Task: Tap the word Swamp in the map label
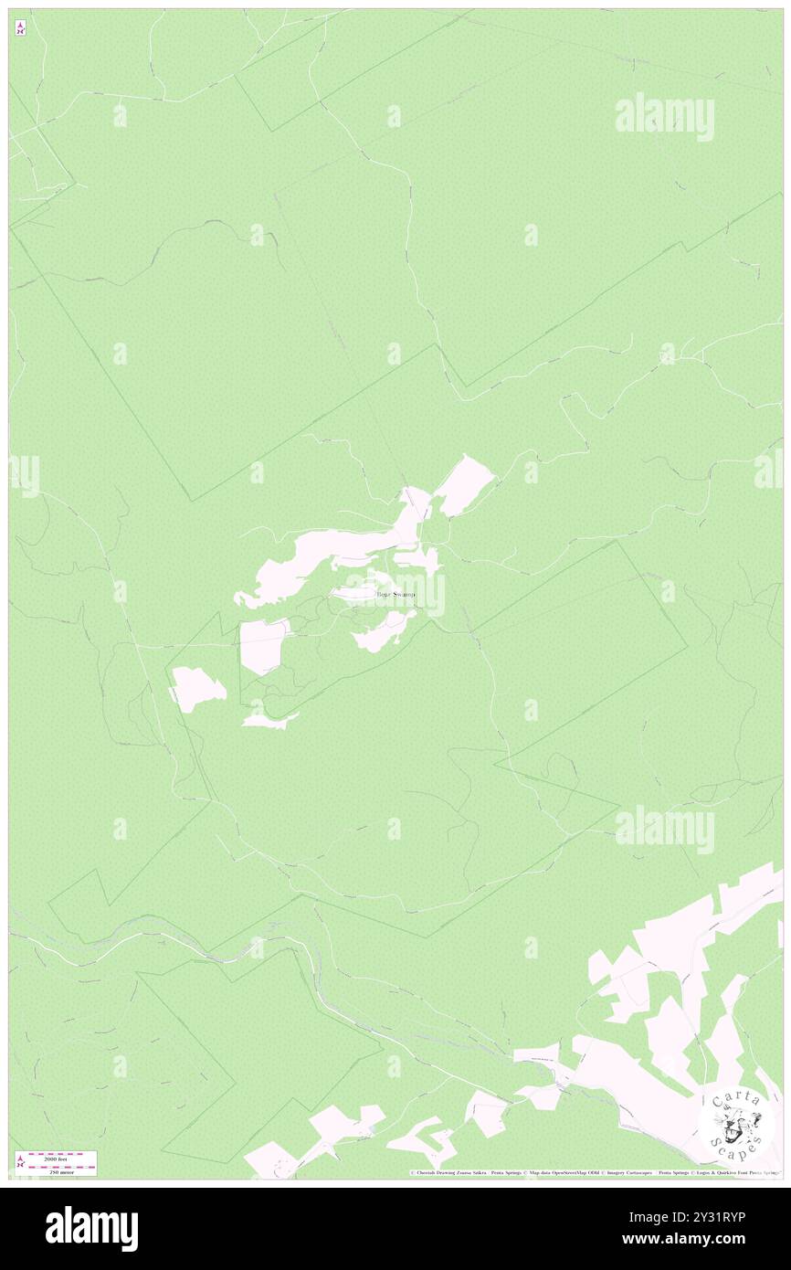404,595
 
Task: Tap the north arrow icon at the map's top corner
20,28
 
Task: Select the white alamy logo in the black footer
91,1229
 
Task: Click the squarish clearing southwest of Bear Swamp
263,645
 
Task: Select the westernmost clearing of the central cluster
198,688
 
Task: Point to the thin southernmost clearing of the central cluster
269,721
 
